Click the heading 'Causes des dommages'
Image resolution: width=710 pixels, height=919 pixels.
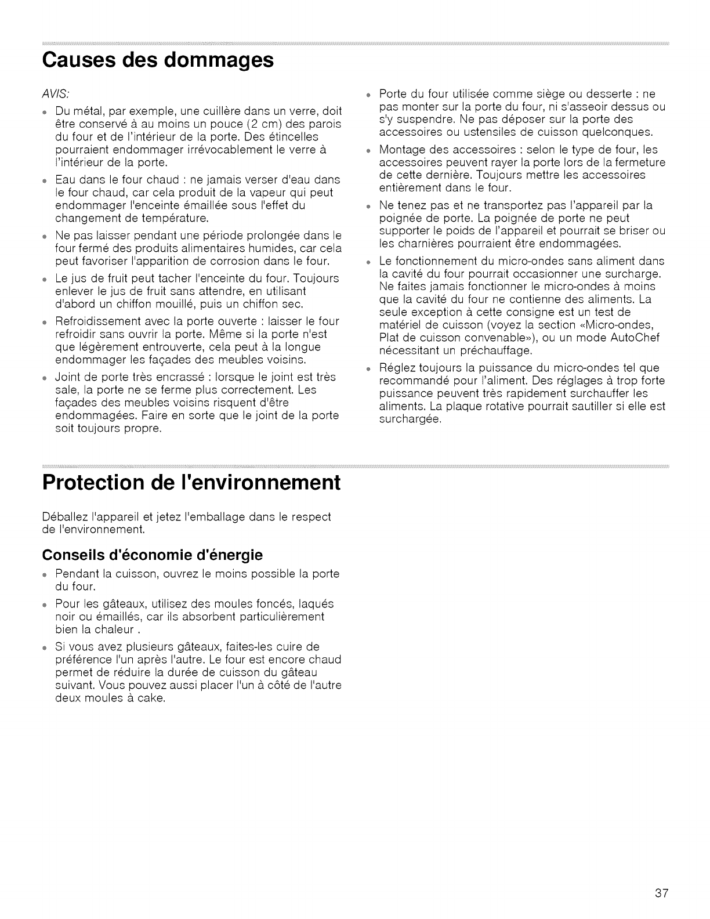click(158, 60)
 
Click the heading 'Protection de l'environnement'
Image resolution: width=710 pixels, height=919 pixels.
click(191, 483)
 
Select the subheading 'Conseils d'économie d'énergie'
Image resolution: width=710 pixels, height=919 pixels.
click(153, 555)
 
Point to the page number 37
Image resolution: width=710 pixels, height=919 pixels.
click(662, 893)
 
